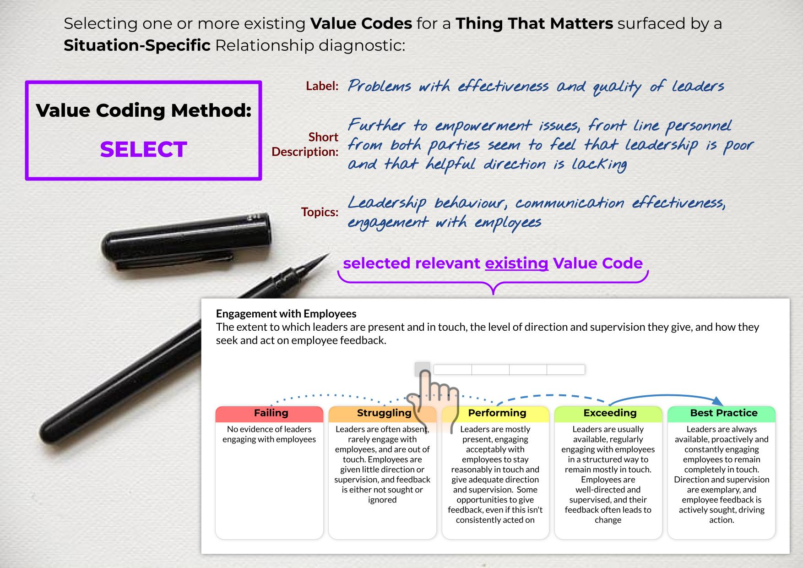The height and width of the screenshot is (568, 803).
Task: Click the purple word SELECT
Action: tap(144, 149)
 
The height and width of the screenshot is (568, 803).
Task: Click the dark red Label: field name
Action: tap(322, 86)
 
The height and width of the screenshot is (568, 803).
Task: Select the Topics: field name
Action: tap(320, 212)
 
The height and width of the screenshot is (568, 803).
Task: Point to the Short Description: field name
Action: tap(305, 144)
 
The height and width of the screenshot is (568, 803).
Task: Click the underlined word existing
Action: tap(516, 263)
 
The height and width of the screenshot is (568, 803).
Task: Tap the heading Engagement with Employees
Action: tap(286, 314)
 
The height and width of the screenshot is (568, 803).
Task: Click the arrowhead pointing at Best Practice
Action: tap(717, 401)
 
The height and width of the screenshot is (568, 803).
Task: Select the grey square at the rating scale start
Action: tap(422, 369)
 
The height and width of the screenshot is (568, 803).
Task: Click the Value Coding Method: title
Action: tap(144, 110)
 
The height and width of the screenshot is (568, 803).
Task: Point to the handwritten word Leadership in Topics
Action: tap(386, 203)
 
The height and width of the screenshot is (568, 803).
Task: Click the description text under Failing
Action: tap(269, 434)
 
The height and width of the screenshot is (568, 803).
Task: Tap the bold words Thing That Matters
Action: tap(534, 23)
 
